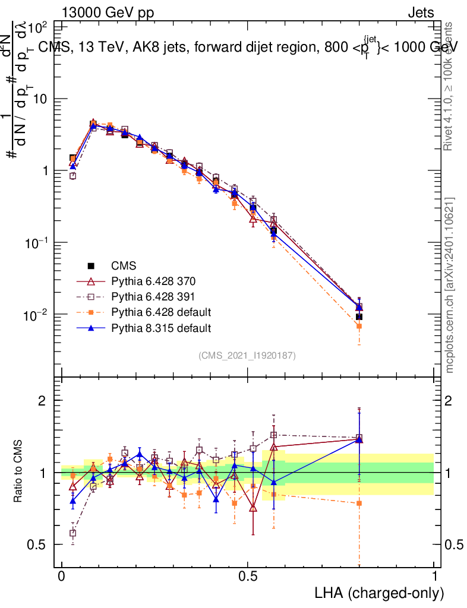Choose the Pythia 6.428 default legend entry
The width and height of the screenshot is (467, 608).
(x=145, y=312)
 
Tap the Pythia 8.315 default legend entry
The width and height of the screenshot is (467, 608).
(x=145, y=328)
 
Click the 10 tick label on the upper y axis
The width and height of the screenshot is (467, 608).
(x=40, y=99)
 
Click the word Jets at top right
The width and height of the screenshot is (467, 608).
(x=421, y=12)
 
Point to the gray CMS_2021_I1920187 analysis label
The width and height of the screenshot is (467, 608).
(x=247, y=355)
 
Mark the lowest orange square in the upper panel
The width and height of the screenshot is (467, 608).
(x=359, y=326)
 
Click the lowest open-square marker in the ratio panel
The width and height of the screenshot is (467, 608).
(x=73, y=533)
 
